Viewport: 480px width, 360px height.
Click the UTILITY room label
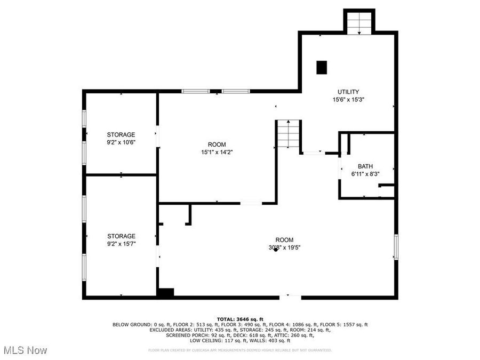pos(348,92)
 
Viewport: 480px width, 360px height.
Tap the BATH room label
pos(365,166)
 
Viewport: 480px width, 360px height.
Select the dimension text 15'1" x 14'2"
pos(217,152)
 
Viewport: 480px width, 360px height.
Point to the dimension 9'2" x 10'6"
pos(121,142)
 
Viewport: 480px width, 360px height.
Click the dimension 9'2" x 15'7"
pos(121,244)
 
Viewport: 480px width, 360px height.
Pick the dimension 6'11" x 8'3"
pos(365,174)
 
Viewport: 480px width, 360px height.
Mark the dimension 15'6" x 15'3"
pos(348,99)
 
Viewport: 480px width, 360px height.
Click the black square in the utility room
pos(322,67)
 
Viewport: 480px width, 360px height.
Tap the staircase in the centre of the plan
pos(289,135)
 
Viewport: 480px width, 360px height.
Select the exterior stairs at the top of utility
pos(359,22)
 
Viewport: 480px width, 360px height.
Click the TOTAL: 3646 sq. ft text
pos(240,319)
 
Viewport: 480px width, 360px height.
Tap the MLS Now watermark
pos(25,350)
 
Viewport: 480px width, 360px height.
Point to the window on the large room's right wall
pos(396,247)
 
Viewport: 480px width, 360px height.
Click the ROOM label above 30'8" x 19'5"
pos(284,240)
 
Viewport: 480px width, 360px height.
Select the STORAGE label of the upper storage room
pos(121,134)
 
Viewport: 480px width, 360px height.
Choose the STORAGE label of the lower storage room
pos(121,236)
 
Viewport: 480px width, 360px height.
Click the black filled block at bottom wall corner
pos(166,293)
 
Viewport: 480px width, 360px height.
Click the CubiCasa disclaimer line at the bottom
pos(240,350)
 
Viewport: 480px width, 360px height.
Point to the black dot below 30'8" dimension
pos(276,250)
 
